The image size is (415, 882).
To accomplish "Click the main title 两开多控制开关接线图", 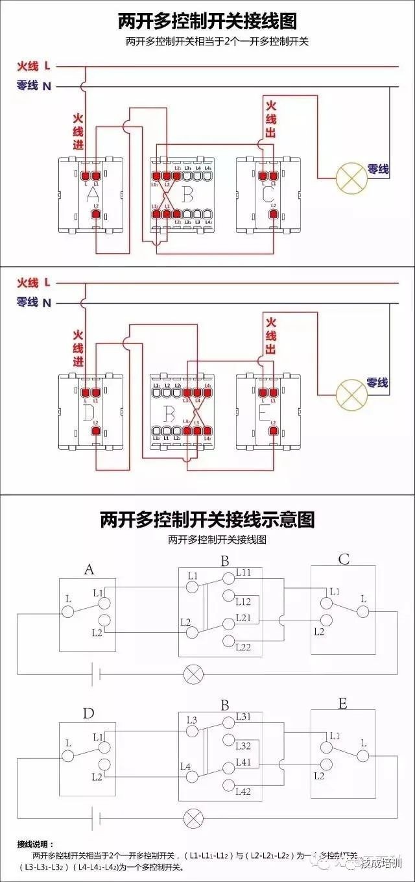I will [x=207, y=21].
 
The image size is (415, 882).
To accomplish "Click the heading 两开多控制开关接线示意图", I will [x=207, y=519].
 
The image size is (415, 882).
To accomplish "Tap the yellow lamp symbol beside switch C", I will [x=350, y=177].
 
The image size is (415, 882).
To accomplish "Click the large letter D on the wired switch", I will [x=90, y=411].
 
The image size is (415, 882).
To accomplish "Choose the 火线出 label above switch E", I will [x=271, y=336].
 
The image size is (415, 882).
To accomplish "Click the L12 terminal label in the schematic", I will [x=244, y=602].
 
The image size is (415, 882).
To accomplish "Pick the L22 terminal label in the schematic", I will [x=244, y=647].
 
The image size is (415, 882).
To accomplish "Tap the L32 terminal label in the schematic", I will [x=244, y=746].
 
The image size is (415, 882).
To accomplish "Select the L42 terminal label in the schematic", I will [x=244, y=791].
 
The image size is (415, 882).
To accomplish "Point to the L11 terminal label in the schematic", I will [x=244, y=572].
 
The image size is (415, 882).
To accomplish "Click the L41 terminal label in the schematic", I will [x=244, y=761].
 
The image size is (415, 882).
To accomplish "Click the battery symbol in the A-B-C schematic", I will [x=94, y=674].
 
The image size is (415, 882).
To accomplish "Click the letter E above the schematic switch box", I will [x=342, y=704].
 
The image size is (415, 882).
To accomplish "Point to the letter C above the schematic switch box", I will [x=344, y=559].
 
